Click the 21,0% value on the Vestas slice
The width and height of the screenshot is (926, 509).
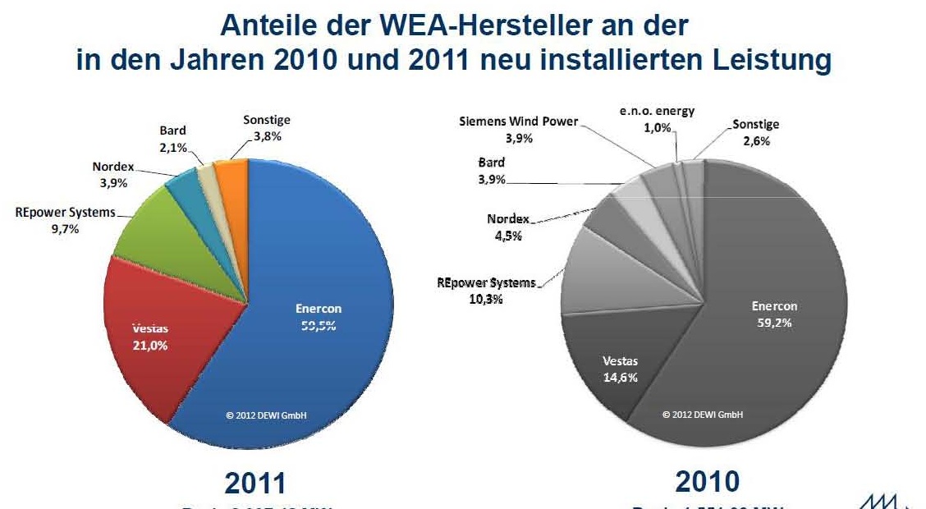tap(150, 346)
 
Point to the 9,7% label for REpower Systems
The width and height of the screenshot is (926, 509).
tap(65, 229)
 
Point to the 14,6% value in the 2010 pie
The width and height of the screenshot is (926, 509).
tap(620, 378)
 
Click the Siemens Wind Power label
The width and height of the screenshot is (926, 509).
tap(518, 122)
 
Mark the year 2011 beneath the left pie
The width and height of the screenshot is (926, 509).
tap(255, 483)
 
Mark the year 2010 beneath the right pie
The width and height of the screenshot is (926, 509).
tap(707, 481)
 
